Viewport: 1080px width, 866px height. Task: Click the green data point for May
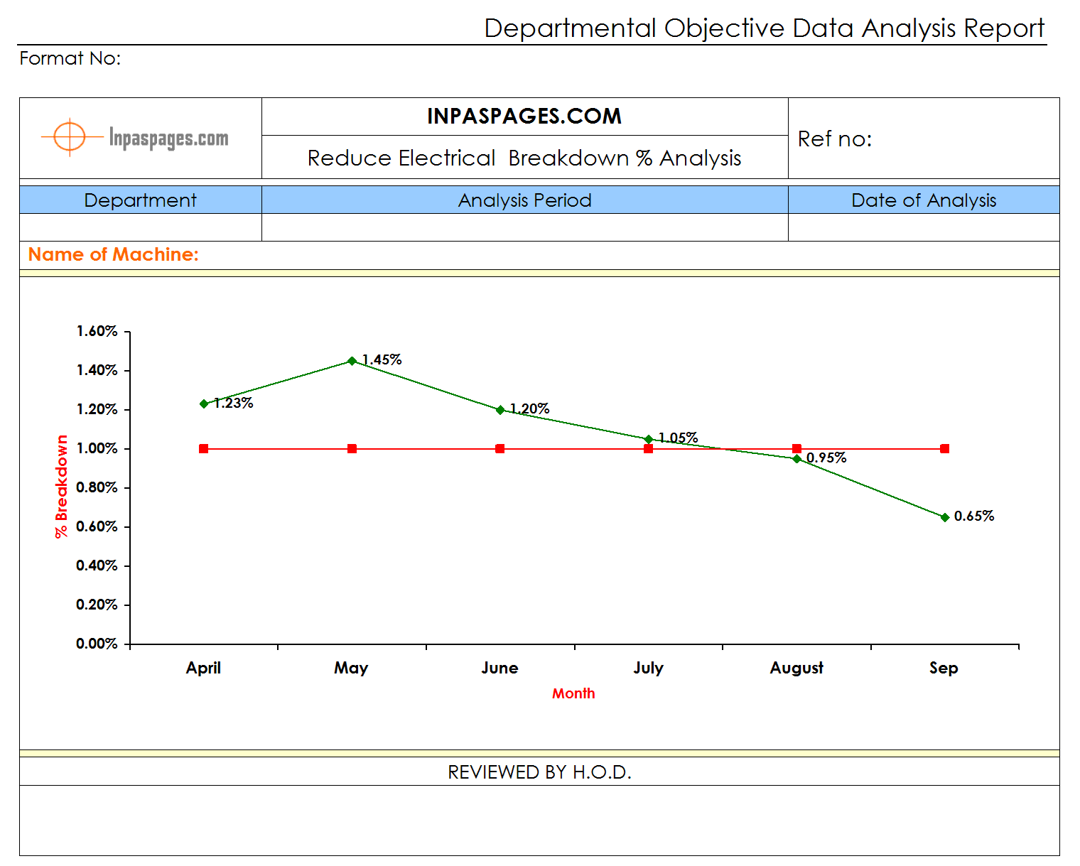352,361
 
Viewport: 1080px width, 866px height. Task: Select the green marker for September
944,517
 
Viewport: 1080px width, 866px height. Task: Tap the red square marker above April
204,448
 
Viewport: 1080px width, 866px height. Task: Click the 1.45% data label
382,359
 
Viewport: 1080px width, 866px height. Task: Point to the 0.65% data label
974,516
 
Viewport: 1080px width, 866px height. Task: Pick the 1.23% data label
234,403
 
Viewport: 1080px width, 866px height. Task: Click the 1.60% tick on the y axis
97,331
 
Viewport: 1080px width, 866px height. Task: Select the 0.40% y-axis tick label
97,565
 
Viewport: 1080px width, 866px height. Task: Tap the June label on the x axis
499,668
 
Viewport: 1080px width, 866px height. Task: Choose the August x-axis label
796,668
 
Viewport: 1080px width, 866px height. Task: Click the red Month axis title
573,693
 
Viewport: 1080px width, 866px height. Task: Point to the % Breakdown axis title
62,487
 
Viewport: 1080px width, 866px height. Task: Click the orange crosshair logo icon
70,136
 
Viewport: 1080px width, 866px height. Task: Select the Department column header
140,200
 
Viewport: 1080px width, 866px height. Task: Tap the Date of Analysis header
924,200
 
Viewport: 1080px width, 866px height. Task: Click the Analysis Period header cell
524,200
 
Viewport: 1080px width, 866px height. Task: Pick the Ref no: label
835,139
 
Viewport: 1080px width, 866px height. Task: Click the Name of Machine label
114,254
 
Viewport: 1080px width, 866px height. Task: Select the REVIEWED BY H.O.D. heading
539,772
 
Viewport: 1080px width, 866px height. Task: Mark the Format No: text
70,58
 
